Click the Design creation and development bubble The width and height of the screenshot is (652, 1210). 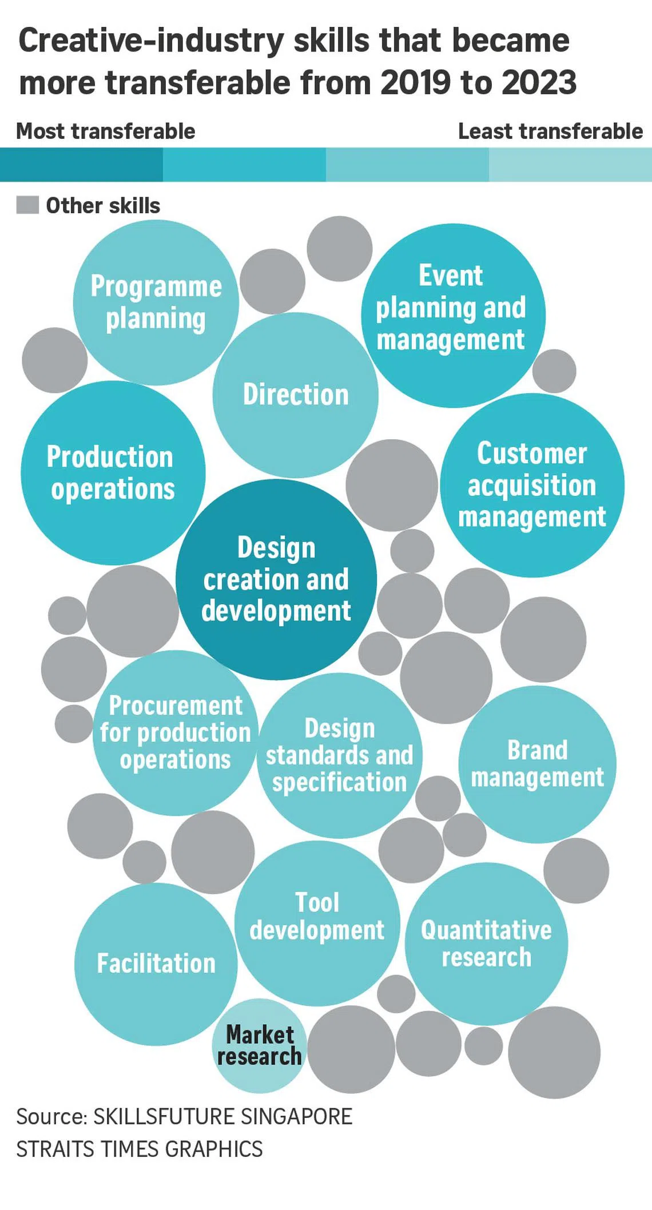[276, 579]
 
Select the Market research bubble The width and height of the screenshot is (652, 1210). [260, 1046]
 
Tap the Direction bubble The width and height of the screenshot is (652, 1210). [295, 395]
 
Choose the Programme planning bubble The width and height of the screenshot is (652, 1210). [156, 302]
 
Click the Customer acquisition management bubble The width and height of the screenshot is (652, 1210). [532, 485]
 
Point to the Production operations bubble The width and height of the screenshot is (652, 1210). [113, 473]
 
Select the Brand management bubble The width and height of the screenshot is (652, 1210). [537, 765]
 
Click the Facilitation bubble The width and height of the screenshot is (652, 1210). [156, 964]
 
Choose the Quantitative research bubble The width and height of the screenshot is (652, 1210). [486, 944]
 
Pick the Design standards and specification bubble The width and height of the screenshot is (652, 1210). [340, 755]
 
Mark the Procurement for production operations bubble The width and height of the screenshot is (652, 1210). [176, 733]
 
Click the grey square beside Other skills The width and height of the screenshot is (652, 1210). [27, 205]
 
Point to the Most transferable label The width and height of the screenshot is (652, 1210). [106, 132]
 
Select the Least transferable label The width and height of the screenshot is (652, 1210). [550, 132]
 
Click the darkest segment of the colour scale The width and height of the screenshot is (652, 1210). [81, 165]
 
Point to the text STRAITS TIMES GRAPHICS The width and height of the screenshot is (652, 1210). [140, 1149]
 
